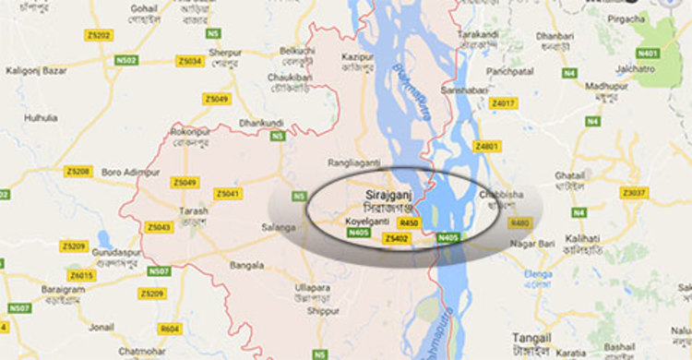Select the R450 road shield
click(x=410, y=222)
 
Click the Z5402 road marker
click(x=396, y=238)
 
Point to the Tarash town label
click(x=194, y=210)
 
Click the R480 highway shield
click(x=520, y=222)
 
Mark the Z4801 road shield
click(x=486, y=146)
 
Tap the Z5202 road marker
click(x=99, y=36)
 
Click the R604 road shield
click(x=170, y=329)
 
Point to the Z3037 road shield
click(x=633, y=193)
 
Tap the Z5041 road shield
click(x=227, y=194)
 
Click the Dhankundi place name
click(x=261, y=122)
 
